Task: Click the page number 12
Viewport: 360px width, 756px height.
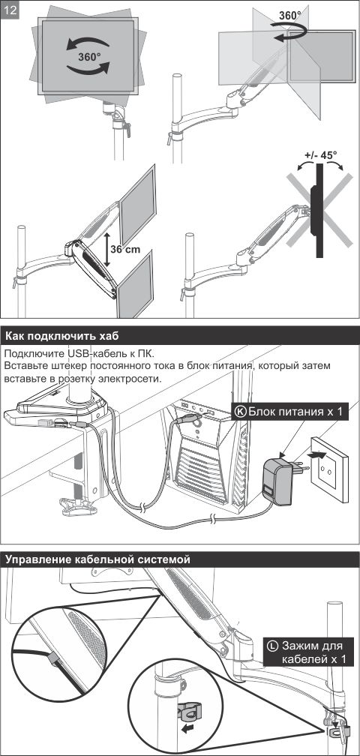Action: tap(10, 10)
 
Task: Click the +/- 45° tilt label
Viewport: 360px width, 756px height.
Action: tap(321, 156)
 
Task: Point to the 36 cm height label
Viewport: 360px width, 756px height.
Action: tap(125, 249)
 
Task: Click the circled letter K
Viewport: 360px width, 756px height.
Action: tap(240, 412)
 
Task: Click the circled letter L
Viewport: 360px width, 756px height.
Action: tap(272, 646)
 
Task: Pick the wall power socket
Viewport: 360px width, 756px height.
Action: tap(330, 469)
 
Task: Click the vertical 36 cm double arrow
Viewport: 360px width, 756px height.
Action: tap(107, 250)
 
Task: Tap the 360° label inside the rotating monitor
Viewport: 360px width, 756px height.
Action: tap(90, 56)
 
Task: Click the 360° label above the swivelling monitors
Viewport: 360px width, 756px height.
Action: tap(290, 15)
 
